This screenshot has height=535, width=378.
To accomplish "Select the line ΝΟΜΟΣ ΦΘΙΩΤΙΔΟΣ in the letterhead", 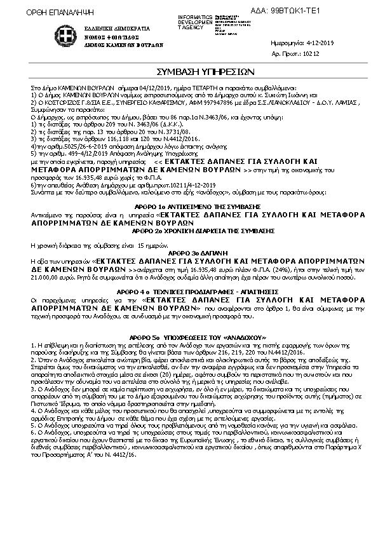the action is [105, 37].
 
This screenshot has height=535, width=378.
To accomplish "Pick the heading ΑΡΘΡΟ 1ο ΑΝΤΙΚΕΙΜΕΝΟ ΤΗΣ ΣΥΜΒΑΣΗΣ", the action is [188, 208].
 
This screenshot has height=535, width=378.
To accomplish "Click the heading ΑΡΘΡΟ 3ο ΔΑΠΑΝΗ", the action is [188, 254].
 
